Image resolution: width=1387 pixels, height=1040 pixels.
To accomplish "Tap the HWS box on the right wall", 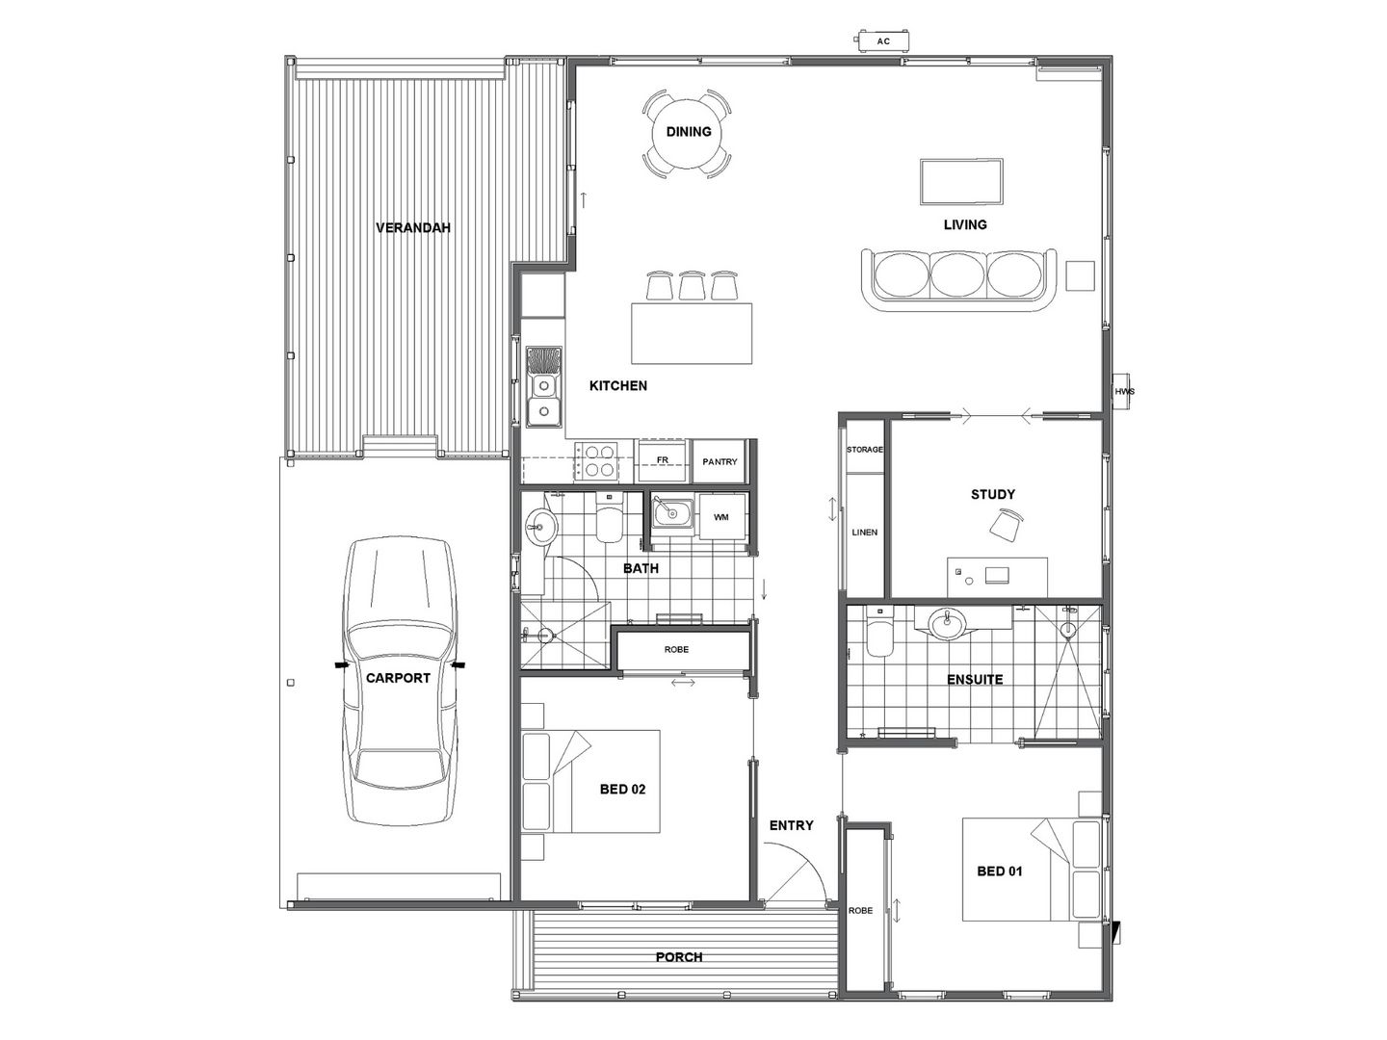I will click(1124, 391).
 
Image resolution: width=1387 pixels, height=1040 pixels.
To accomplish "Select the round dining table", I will click(688, 133).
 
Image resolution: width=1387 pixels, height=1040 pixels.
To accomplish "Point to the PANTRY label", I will click(720, 462).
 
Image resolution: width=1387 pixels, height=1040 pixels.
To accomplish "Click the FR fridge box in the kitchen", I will click(663, 460).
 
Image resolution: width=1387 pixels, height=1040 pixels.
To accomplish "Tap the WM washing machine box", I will click(721, 518).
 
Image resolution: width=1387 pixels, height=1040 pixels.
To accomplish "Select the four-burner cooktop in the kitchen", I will click(596, 459).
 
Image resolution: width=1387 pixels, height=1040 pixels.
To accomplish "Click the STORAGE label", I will click(864, 450).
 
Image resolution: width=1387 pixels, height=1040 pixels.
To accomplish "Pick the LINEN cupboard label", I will click(864, 532).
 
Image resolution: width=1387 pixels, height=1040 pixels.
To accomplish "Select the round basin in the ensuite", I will click(948, 624).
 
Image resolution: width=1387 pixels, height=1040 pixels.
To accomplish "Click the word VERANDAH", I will click(412, 228).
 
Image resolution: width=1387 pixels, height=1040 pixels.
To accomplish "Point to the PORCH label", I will click(679, 957).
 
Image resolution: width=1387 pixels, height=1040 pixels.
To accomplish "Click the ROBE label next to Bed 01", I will click(860, 910).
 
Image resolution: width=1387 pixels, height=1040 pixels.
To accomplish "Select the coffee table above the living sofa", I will click(961, 182).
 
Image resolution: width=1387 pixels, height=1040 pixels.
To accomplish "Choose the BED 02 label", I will click(622, 790).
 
